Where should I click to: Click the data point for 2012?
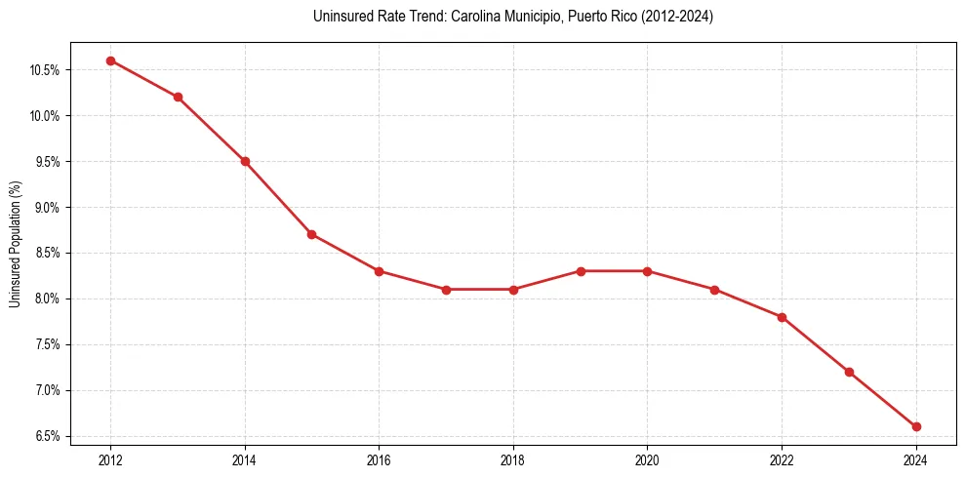coord(110,60)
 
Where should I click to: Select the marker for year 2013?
coord(178,97)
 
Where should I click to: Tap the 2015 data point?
coord(311,234)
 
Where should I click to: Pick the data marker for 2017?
coord(446,290)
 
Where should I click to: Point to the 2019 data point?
coord(581,271)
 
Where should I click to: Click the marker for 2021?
coord(714,290)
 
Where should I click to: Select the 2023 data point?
coord(849,372)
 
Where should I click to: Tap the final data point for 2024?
coord(916,426)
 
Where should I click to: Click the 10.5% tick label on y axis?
coord(46,70)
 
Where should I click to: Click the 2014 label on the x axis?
coord(245,459)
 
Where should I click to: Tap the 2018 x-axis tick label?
coord(513,459)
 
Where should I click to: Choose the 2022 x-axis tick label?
coord(782,459)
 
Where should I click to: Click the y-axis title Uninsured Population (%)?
coord(15,244)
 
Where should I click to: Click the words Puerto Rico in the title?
coord(595,17)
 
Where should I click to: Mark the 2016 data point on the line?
coord(379,271)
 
